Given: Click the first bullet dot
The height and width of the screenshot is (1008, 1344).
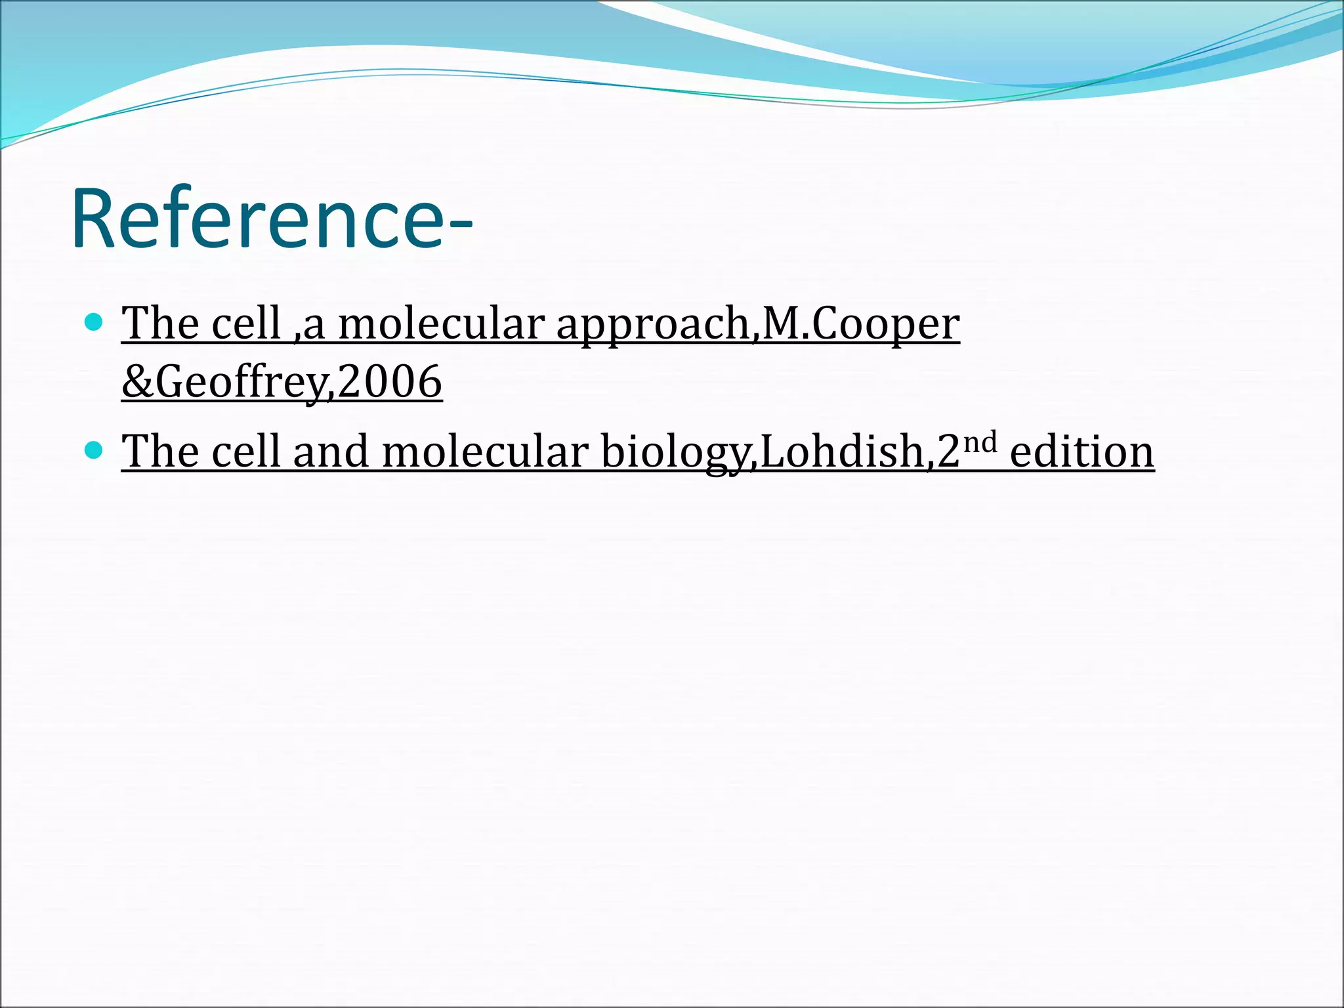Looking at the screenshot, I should [94, 322].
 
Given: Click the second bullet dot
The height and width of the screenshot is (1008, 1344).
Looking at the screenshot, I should [94, 450].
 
